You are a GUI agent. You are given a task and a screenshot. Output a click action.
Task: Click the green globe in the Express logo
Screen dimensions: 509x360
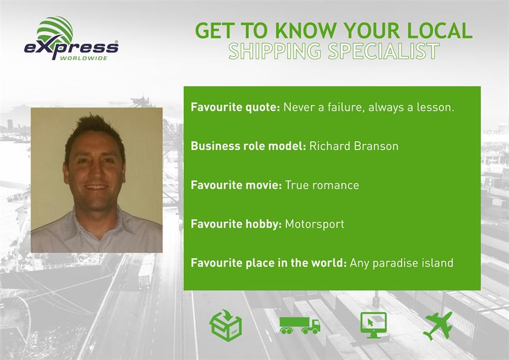coord(55,31)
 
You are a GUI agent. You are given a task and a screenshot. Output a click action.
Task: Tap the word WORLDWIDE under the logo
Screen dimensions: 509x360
coord(84,58)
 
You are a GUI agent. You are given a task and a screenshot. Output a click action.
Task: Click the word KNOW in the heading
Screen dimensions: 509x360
coord(306,31)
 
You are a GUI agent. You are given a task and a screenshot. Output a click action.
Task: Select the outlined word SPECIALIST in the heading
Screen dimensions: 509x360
coord(384,51)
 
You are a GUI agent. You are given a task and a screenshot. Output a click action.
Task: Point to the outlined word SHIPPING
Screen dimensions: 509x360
coord(275,51)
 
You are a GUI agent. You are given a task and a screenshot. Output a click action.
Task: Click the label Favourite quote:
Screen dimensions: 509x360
coord(235,107)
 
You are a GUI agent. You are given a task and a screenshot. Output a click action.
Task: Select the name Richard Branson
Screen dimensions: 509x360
coord(354,146)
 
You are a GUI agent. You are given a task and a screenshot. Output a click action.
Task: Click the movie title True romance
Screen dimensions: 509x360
coord(322,185)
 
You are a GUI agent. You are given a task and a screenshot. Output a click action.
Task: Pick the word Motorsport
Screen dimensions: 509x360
coord(315,224)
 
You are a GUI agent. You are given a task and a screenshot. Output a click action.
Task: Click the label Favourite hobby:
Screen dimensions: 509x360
coord(236,224)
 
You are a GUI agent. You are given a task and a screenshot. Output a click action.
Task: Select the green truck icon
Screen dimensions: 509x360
coord(300,325)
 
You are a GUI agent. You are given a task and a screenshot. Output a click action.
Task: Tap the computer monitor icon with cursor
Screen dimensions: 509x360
coord(374,325)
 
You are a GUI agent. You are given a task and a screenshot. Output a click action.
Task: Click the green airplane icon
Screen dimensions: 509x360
coord(438,325)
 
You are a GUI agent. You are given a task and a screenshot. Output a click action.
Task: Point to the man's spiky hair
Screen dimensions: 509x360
coord(94,130)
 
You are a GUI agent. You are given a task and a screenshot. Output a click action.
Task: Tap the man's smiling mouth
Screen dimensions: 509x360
coord(96,187)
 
